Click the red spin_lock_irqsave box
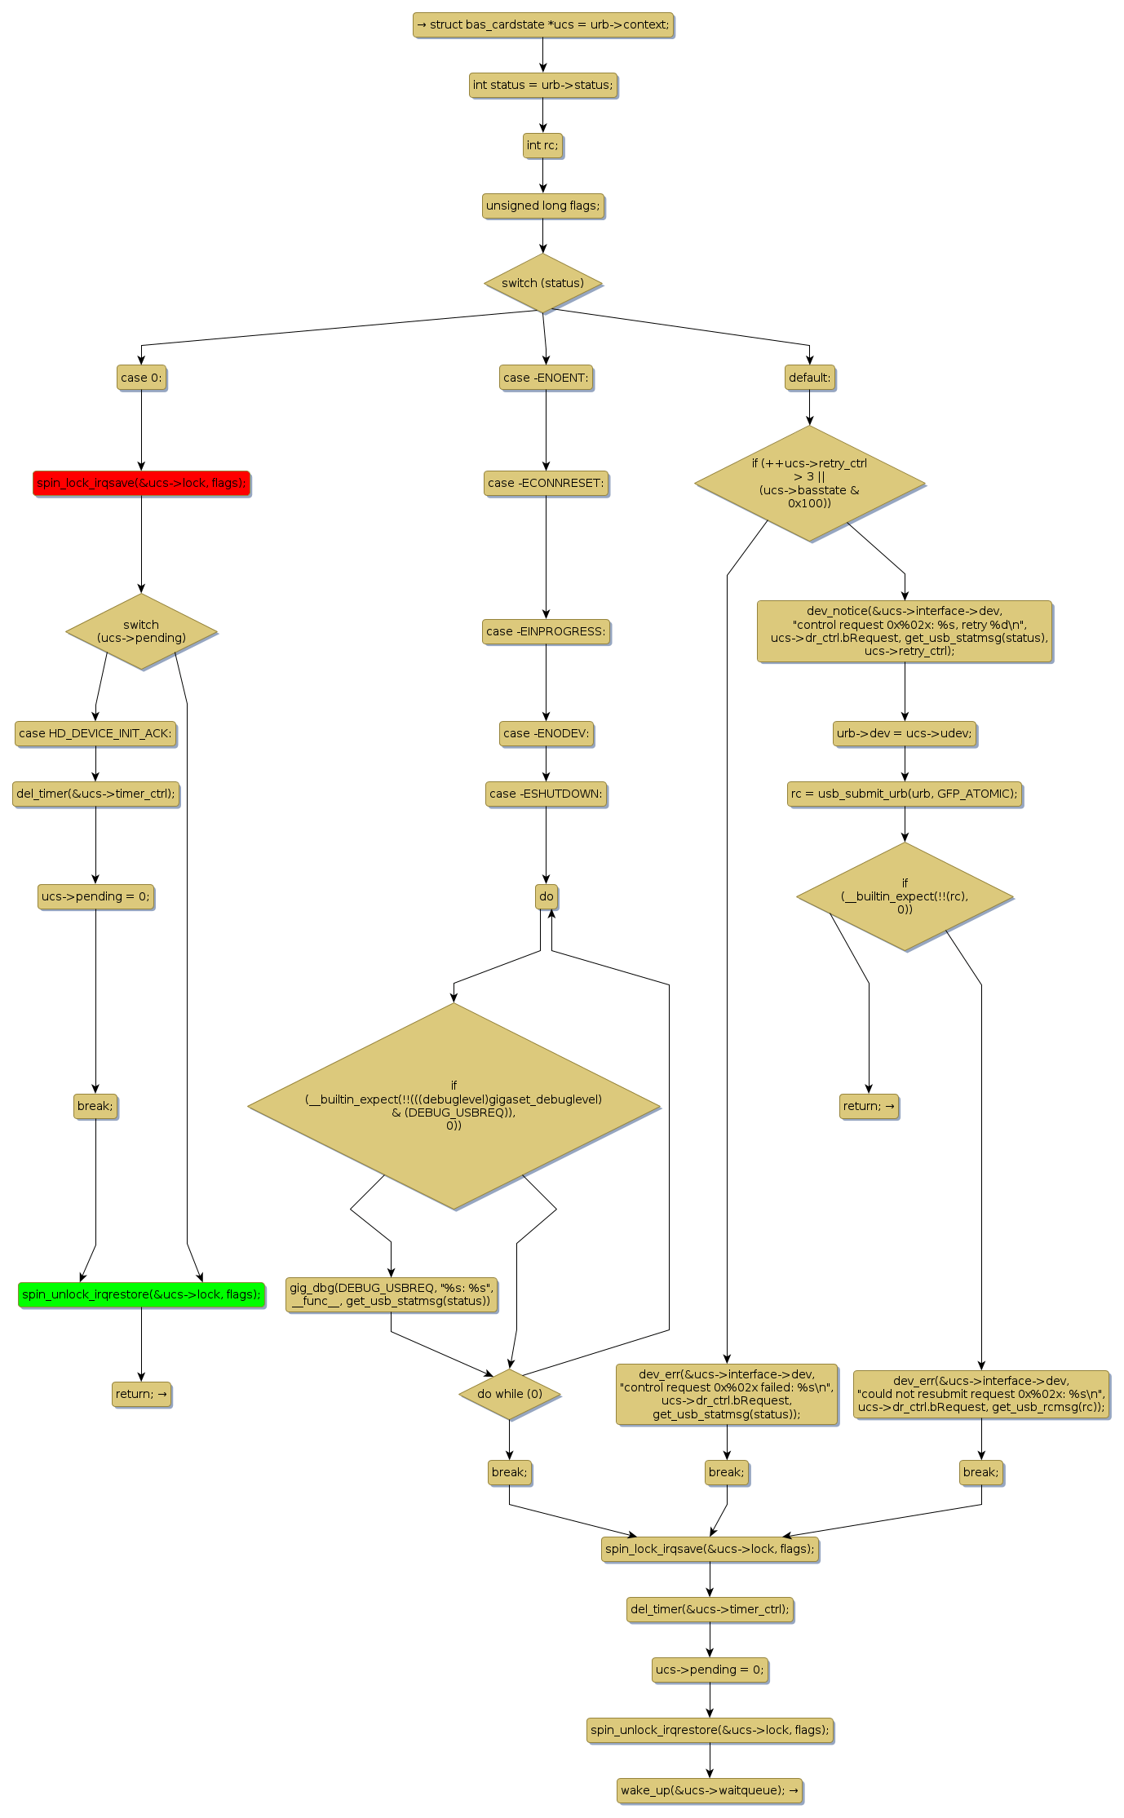(141, 483)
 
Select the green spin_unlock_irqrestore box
(141, 1294)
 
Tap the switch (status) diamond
(542, 283)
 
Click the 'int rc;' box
(542, 145)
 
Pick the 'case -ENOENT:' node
(546, 378)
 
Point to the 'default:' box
(809, 378)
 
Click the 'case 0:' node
(141, 378)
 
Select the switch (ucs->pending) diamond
(141, 631)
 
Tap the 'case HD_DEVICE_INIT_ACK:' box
(95, 733)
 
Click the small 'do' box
(546, 896)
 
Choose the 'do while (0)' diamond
(510, 1394)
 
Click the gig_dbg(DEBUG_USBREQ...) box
(392, 1294)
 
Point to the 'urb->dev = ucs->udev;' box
(904, 733)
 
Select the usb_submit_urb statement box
(904, 794)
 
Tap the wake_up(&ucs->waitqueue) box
(710, 1790)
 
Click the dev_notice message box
(904, 631)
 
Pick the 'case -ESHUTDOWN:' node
(546, 794)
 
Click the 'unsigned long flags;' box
(542, 206)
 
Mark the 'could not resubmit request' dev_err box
(981, 1394)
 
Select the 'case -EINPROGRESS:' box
(546, 631)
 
